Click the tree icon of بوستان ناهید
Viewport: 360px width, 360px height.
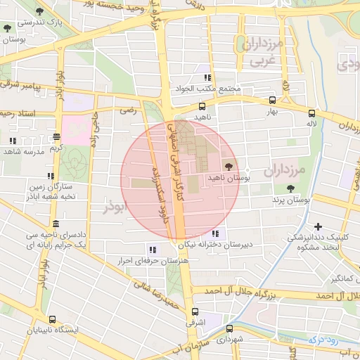(229, 165)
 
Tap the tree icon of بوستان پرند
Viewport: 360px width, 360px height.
(290, 188)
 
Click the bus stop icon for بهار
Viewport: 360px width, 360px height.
(272, 101)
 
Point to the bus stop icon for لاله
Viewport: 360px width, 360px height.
(311, 112)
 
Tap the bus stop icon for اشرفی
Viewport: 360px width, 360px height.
(195, 311)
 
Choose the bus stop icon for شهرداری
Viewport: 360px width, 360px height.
(229, 328)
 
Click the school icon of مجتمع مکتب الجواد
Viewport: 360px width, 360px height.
(207, 78)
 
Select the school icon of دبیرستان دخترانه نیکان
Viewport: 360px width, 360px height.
(215, 233)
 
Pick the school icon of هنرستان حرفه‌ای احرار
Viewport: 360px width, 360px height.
(152, 249)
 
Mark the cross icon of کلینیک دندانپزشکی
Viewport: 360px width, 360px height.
(319, 226)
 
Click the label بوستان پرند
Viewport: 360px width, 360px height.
(292, 200)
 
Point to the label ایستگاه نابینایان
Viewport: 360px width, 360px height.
(55, 329)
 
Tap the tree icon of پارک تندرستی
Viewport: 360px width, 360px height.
(7, 30)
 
